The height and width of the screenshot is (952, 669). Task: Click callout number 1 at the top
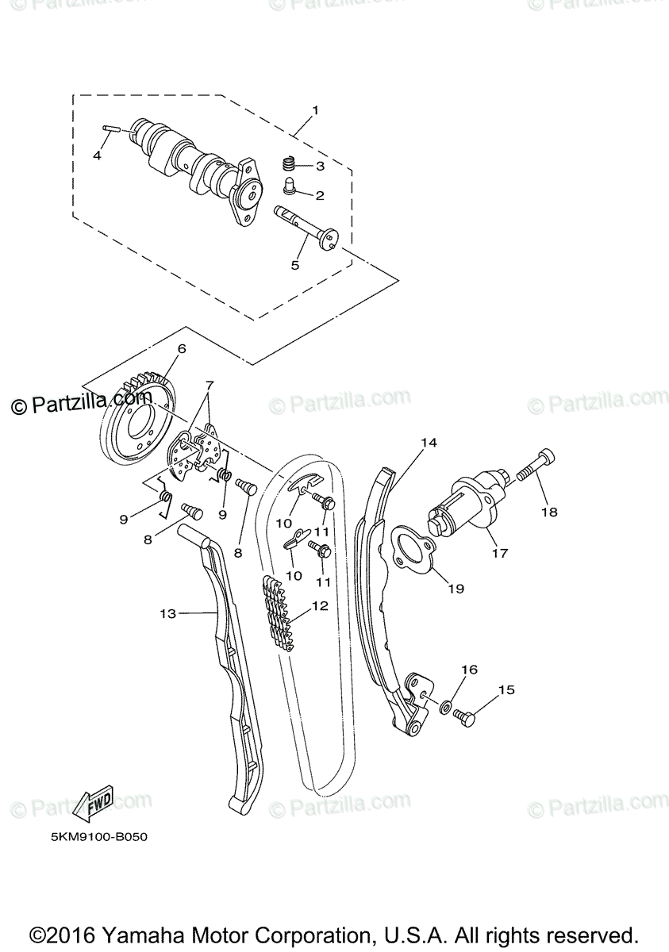coord(314,110)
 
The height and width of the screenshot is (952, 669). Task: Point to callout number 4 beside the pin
coord(97,156)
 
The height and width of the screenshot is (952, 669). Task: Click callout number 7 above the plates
coord(209,386)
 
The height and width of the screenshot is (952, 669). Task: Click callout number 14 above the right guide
coord(429,442)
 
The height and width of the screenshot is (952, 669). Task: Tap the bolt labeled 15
coord(464,718)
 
